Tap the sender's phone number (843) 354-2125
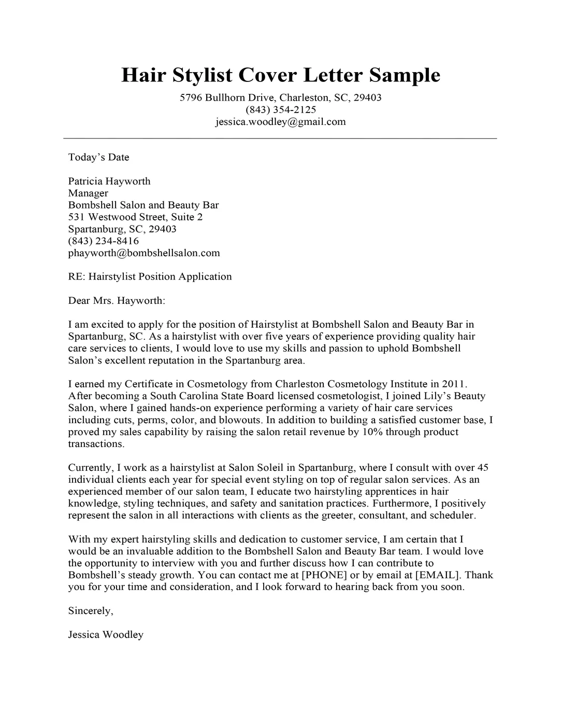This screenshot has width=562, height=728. (281, 110)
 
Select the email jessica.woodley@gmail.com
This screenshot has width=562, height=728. (280, 122)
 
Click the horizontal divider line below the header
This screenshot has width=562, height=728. (280, 138)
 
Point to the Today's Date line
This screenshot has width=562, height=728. (98, 157)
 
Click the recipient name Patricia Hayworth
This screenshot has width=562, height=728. (109, 181)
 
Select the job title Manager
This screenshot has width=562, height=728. (88, 193)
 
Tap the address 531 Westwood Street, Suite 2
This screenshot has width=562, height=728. (135, 217)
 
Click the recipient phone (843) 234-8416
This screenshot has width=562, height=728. (104, 241)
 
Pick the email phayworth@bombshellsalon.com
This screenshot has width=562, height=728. (144, 253)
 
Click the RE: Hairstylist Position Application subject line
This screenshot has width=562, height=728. (150, 276)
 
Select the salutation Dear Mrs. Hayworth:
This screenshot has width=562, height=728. (117, 300)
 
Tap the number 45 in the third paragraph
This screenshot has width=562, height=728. (483, 467)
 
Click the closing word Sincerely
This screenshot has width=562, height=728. (90, 611)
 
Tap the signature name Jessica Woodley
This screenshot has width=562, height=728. (106, 635)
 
